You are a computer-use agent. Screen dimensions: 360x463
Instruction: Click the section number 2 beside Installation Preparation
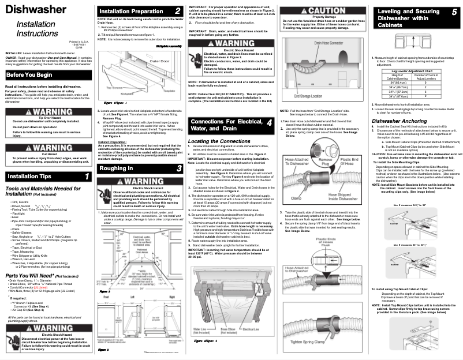177,12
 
